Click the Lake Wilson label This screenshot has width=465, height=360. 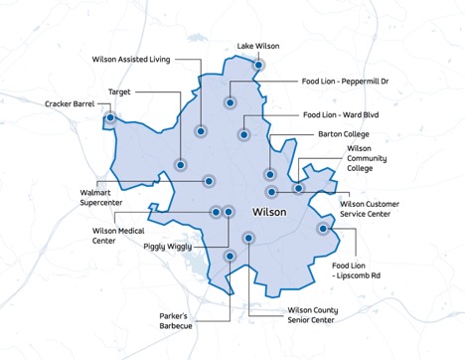point(258,46)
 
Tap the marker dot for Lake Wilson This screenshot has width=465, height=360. point(259,66)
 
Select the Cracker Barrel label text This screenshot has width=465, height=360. point(69,103)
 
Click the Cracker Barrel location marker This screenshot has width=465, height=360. point(109,118)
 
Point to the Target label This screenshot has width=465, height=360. point(120,91)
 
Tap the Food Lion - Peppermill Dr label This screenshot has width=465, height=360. point(347,82)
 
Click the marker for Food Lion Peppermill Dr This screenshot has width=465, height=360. point(230,101)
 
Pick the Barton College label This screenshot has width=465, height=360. point(343,133)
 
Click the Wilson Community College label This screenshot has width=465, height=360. point(367,158)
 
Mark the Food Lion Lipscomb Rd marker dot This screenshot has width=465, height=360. point(323,229)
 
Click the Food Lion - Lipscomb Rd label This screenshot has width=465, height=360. point(361,271)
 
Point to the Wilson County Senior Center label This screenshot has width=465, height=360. point(292,315)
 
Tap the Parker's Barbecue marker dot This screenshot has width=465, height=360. point(230,256)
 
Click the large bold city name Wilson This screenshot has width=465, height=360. point(270,212)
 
